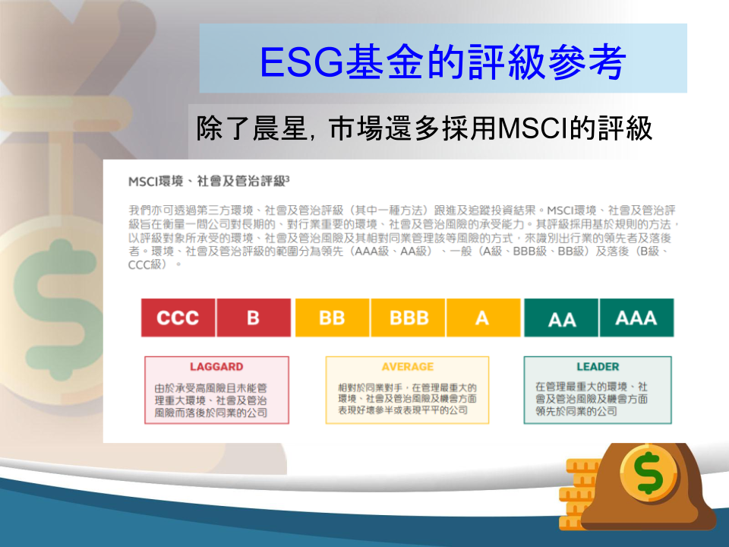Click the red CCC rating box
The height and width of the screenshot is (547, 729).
coord(178,318)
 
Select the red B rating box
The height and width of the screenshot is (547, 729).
coord(254,318)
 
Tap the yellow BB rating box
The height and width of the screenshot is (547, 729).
coord(333,318)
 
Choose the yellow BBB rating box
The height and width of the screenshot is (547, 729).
coord(409,318)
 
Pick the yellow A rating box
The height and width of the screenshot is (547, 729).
coord(484,318)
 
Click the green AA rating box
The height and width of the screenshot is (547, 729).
coord(561,318)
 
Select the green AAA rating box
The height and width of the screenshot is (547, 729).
coord(637,318)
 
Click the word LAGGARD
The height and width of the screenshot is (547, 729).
coord(216,366)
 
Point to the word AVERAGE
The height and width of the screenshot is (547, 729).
coord(408,366)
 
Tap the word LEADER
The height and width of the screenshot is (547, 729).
coord(598,366)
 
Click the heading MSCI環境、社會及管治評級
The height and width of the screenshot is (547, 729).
coord(207,182)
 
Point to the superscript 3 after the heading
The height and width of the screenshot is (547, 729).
coord(287,178)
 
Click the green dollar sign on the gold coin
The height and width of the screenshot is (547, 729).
coord(649,473)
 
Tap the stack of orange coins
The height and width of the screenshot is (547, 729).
coord(576,494)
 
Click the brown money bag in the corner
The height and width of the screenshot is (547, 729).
coord(649,486)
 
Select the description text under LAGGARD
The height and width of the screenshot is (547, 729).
coord(211,400)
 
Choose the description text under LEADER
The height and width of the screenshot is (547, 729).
coord(592,399)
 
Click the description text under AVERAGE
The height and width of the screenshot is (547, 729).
coord(407,399)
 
